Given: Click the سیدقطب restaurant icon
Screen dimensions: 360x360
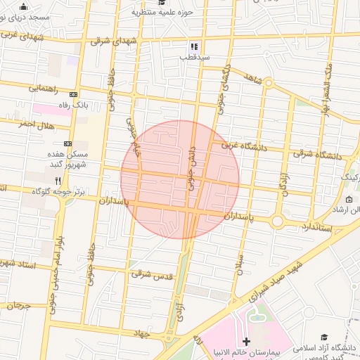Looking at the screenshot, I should pyautogui.click(x=193, y=46).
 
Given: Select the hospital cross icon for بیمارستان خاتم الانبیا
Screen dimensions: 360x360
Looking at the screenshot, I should pyautogui.click(x=245, y=341).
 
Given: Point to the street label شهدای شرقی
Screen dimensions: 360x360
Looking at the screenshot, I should pyautogui.click(x=110, y=41).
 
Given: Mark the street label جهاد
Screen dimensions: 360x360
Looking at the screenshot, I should pyautogui.click(x=143, y=334).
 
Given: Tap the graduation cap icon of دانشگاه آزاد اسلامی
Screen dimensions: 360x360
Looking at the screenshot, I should pyautogui.click(x=324, y=338).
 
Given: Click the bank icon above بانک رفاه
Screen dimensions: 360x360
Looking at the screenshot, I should pyautogui.click(x=74, y=94).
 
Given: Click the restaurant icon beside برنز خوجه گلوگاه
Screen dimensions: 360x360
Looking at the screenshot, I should pyautogui.click(x=67, y=180).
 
